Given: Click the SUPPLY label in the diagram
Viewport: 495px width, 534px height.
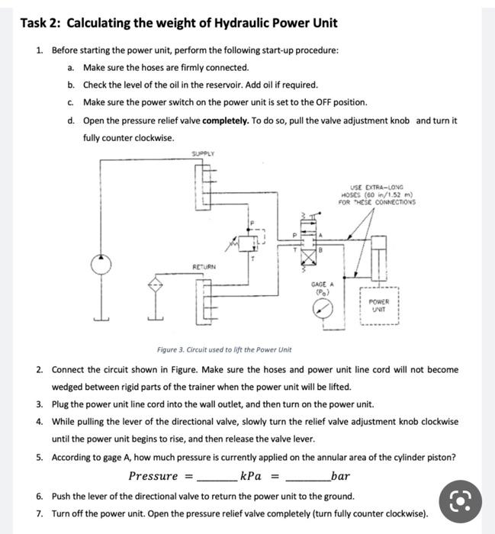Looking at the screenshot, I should pyautogui.click(x=203, y=154).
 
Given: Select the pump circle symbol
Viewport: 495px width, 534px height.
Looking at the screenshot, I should pyautogui.click(x=98, y=264).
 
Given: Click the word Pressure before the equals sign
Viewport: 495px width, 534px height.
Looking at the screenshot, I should pyautogui.click(x=153, y=477).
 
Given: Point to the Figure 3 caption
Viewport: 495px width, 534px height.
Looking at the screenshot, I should pyautogui.click(x=224, y=350).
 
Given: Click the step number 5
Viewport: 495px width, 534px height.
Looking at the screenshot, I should pyautogui.click(x=39, y=458).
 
